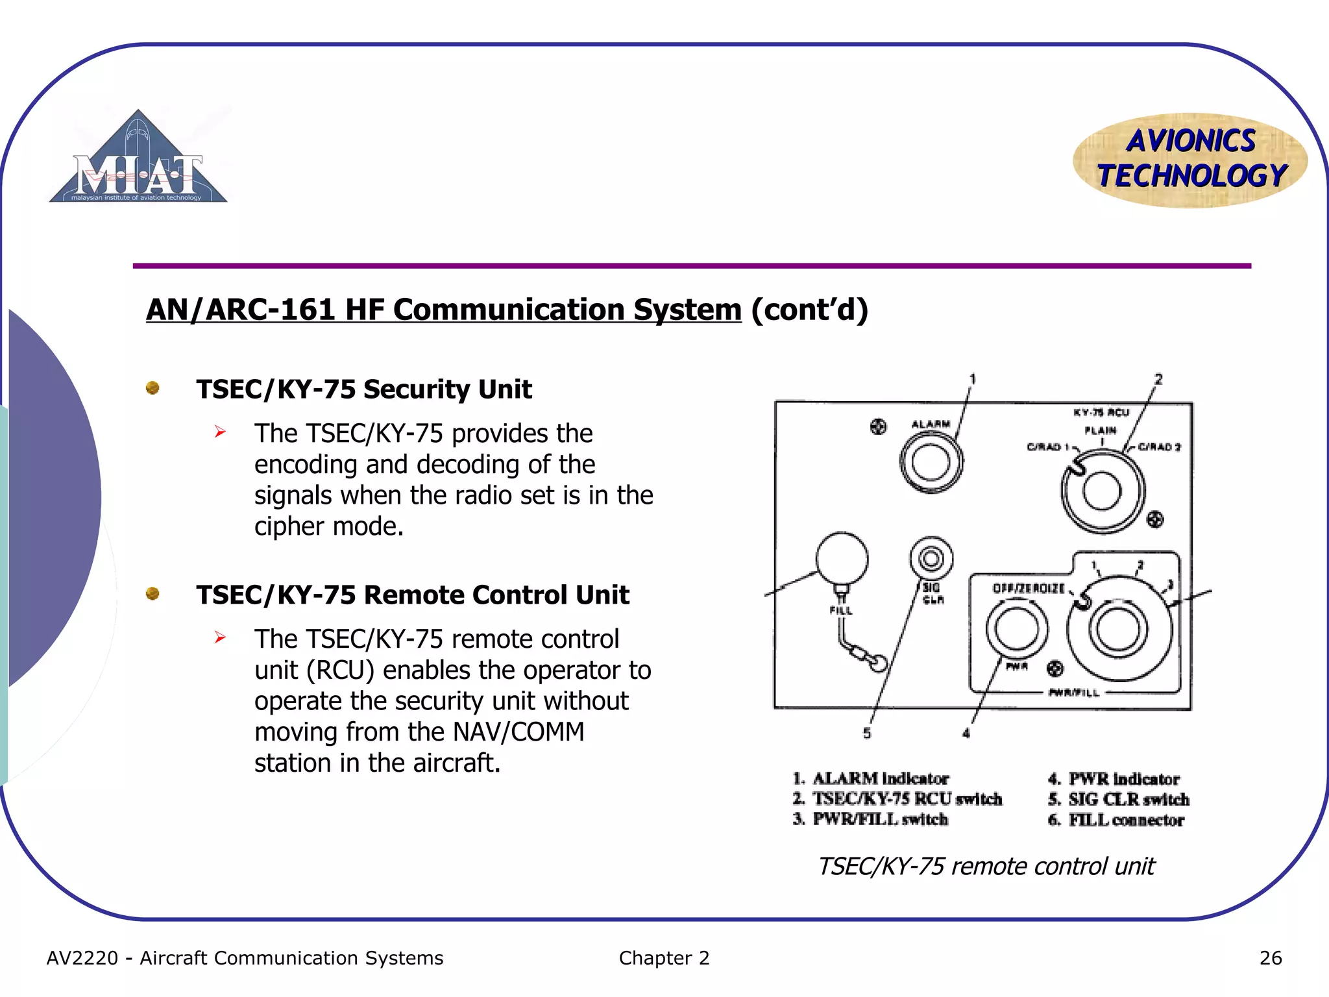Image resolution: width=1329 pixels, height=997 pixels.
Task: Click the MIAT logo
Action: (138, 159)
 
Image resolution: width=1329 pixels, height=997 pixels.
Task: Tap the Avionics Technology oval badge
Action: (1190, 160)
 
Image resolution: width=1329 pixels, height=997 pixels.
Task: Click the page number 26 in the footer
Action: (1270, 958)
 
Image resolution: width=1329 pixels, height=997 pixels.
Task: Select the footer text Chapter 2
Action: (664, 958)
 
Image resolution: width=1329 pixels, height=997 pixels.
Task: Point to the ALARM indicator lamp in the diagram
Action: (931, 463)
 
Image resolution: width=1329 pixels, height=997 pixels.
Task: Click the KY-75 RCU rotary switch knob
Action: (1102, 491)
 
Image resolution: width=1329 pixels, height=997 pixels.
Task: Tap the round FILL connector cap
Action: (842, 559)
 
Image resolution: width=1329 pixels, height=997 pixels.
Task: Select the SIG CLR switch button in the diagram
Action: (931, 558)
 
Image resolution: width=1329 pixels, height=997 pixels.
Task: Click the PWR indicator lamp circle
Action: (1016, 628)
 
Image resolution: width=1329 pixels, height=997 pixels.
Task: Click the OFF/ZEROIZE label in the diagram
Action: (1029, 589)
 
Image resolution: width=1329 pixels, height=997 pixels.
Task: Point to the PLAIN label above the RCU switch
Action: (1101, 430)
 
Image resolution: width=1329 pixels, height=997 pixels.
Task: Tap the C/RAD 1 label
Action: (1044, 447)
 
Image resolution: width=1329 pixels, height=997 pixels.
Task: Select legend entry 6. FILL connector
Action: (1116, 820)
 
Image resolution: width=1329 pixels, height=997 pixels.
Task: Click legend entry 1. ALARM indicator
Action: (871, 778)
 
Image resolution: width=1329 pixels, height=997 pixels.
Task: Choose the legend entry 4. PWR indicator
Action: (1114, 778)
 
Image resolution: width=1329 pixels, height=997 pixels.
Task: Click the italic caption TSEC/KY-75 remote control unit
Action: (986, 867)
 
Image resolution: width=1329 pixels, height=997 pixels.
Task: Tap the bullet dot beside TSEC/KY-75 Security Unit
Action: (152, 388)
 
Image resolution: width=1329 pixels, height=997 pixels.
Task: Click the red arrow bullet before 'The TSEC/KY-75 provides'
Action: (221, 432)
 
